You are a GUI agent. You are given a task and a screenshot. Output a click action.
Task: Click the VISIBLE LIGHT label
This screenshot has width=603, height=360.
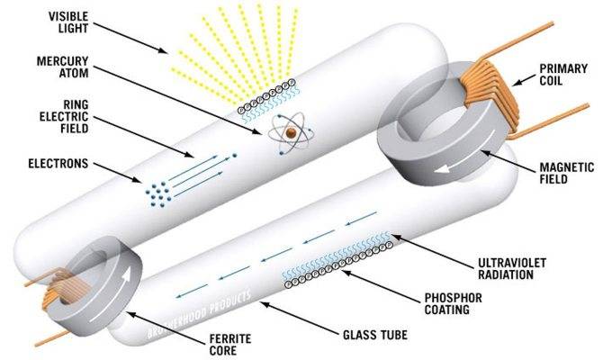click(x=68, y=22)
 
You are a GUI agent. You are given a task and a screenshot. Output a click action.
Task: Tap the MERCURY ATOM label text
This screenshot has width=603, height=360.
click(x=62, y=67)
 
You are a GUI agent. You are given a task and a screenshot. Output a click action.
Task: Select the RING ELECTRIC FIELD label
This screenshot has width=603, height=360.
click(x=64, y=116)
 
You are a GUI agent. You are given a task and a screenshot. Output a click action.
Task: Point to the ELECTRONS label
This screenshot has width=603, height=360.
click(x=58, y=164)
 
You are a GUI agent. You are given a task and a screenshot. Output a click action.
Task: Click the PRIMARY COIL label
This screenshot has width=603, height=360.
click(x=563, y=75)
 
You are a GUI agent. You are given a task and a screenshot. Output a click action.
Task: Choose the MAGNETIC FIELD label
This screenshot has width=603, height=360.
click(x=566, y=173)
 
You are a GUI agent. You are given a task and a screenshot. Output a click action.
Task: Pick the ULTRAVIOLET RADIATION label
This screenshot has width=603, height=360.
click(x=512, y=268)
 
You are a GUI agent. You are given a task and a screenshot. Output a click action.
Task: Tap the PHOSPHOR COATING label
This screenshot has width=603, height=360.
click(x=453, y=303)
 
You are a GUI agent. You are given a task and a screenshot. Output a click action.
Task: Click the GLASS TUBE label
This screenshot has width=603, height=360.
click(x=375, y=335)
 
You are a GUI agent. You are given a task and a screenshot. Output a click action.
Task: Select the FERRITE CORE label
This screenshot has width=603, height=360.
click(x=230, y=345)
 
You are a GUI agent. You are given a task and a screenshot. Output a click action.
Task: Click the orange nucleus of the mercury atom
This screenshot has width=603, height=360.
click(x=291, y=133)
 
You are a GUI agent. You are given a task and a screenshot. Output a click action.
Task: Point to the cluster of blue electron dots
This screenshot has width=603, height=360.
click(x=158, y=193)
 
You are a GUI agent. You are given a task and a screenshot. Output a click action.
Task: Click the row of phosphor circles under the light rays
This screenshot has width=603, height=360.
click(x=266, y=95)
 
